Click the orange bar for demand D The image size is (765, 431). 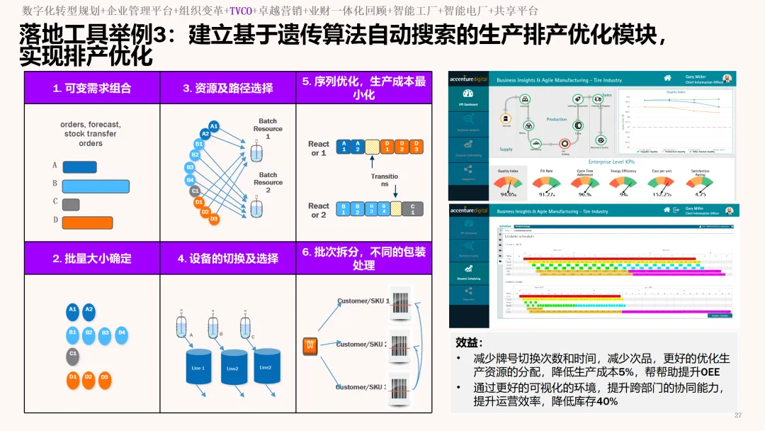click(87, 223)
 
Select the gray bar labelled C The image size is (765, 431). click(71, 204)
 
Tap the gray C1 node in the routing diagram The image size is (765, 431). click(195, 191)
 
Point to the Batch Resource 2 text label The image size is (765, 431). click(268, 182)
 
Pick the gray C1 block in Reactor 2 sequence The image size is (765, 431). click(412, 208)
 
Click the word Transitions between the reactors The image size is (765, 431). click(385, 180)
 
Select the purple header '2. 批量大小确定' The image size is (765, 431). click(92, 258)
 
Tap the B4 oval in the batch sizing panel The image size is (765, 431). click(122, 332)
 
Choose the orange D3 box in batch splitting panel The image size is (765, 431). click(310, 345)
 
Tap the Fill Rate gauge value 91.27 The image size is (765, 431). click(546, 193)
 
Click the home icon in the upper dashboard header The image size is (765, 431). click(667, 78)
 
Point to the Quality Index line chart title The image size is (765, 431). click(676, 91)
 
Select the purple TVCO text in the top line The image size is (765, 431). click(242, 11)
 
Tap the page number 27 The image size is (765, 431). click(738, 415)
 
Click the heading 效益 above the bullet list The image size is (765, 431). click(468, 342)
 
